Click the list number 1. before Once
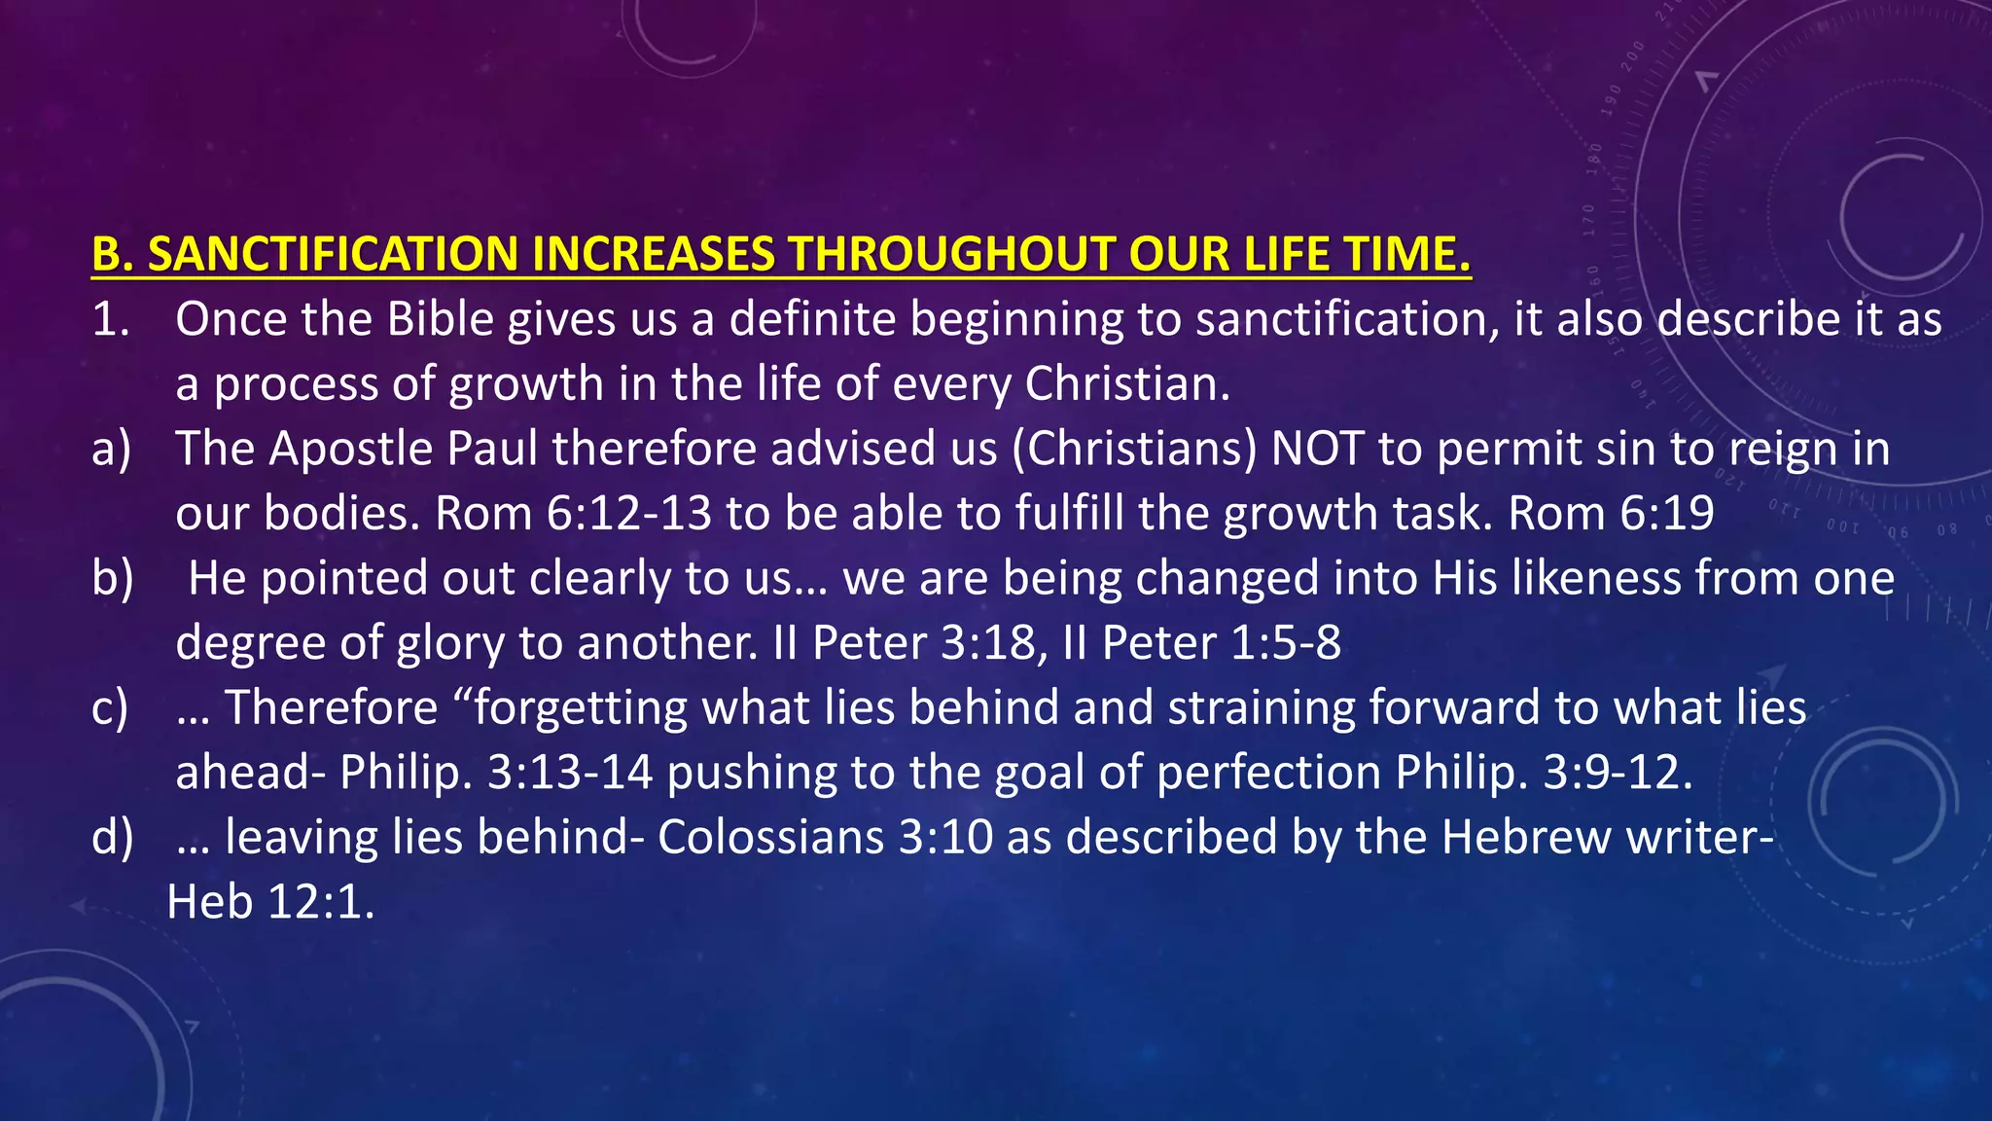110,319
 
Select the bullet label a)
111,450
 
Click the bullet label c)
110,708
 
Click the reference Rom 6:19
1611,514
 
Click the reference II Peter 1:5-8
1202,643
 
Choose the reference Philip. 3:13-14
496,773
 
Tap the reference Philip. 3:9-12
1544,773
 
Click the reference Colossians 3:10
825,838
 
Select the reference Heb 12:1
270,902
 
